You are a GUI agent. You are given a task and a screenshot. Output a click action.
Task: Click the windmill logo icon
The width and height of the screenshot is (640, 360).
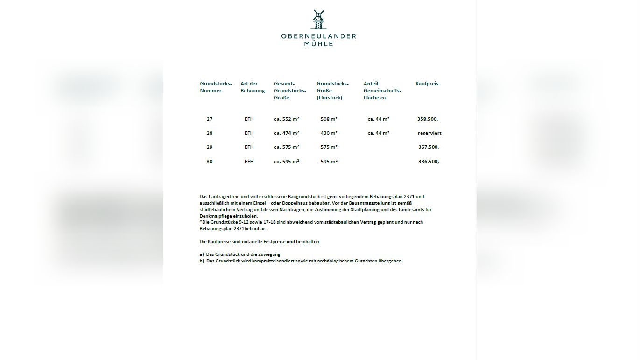(318, 20)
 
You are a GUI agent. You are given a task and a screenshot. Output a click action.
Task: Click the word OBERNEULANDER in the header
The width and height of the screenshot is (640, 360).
(318, 36)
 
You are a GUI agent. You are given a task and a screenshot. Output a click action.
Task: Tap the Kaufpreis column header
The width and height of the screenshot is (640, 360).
(427, 84)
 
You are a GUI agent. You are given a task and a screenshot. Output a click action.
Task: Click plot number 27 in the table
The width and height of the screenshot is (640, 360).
(210, 119)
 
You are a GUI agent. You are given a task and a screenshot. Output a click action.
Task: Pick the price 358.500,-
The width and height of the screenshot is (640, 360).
(429, 119)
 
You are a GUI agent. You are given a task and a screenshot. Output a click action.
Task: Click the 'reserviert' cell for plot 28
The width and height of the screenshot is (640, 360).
(429, 133)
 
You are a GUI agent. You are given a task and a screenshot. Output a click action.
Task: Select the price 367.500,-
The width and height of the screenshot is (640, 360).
(429, 147)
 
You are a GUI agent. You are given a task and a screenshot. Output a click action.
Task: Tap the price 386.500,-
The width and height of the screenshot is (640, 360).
(429, 162)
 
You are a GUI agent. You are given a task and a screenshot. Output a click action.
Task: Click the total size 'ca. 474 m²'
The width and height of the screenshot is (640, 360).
(287, 133)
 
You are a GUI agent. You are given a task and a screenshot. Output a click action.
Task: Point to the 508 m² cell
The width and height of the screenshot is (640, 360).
(329, 119)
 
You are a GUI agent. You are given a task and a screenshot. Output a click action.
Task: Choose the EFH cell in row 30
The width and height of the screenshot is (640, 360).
(249, 162)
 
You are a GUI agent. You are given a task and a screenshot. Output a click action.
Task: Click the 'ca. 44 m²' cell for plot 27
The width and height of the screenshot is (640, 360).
(378, 119)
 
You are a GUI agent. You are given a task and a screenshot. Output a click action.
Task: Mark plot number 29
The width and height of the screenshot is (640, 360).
(210, 147)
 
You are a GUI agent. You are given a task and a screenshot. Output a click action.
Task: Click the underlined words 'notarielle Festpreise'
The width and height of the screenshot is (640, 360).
(263, 242)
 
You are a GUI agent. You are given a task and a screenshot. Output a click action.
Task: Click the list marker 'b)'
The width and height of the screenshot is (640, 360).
(202, 261)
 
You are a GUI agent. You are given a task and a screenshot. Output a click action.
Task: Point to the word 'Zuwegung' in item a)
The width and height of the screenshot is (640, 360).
(270, 254)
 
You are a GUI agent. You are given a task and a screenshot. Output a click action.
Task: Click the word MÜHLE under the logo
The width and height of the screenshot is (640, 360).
(318, 44)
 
